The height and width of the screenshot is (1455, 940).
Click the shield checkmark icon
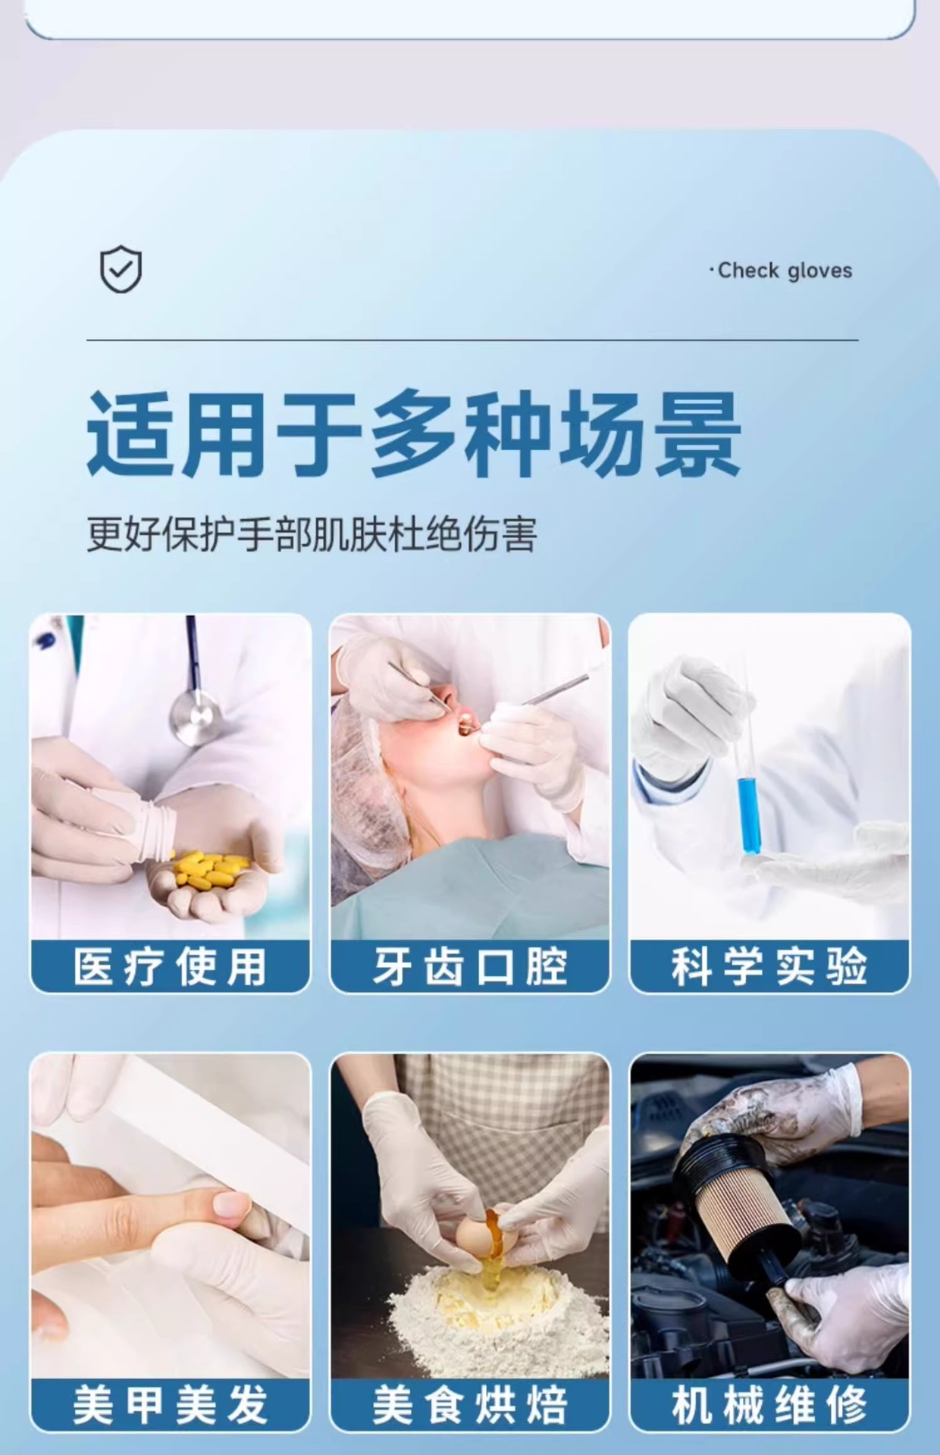click(121, 269)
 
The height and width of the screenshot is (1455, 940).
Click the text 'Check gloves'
click(784, 271)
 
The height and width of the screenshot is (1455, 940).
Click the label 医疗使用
click(170, 966)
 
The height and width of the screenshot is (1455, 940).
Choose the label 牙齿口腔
click(469, 966)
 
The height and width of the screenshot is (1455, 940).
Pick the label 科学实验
click(769, 966)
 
